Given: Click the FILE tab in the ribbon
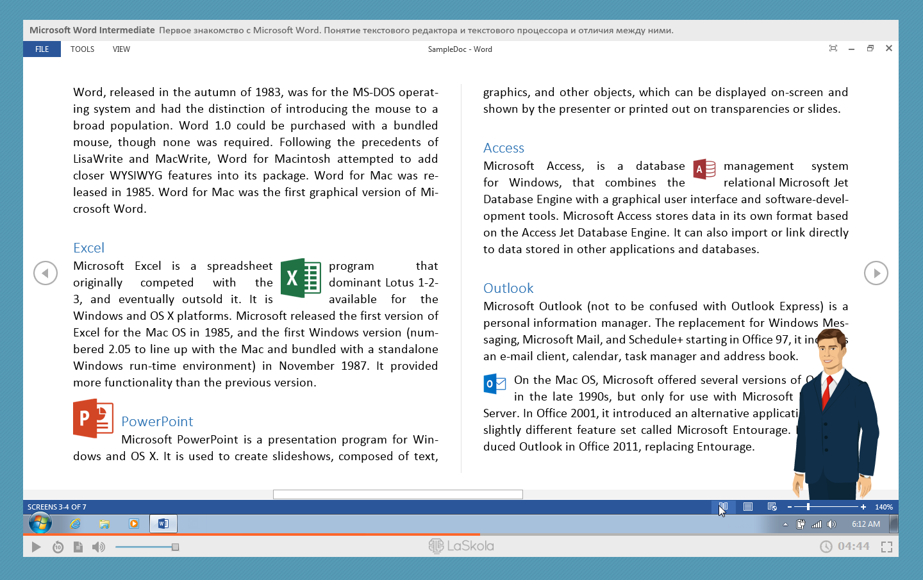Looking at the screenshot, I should (x=42, y=49).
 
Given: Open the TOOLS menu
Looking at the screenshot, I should (x=82, y=49).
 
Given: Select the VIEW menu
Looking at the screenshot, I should (x=121, y=49).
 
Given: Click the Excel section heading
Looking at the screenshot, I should (x=88, y=248).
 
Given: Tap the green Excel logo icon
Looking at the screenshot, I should (x=301, y=278).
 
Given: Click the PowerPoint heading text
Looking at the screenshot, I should (x=157, y=422).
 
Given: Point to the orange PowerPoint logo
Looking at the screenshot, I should (x=93, y=418).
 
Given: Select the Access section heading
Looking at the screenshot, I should (x=504, y=148).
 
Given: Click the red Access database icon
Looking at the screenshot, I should (x=704, y=169).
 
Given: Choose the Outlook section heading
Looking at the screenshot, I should (x=508, y=288).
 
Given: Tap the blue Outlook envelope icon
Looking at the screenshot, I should (x=494, y=383).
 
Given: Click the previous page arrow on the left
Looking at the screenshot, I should (x=46, y=273).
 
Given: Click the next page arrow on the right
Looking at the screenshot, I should (x=876, y=273).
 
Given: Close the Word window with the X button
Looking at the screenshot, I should (x=889, y=49).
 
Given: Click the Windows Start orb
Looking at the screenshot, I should (x=40, y=524).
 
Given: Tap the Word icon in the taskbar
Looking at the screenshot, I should (x=163, y=524).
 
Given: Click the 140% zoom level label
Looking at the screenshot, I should (x=884, y=507).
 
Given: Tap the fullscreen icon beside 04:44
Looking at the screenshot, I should (x=886, y=547).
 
